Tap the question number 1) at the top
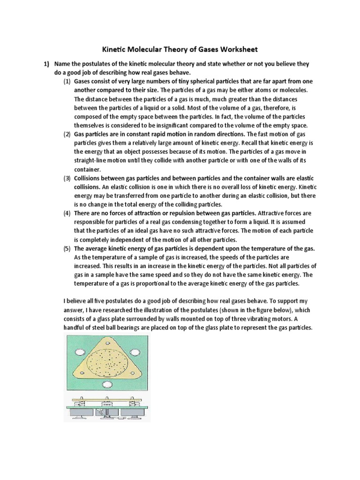pos(47,64)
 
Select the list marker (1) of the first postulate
pos(67,82)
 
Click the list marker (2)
pos(67,135)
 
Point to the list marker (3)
pos(67,178)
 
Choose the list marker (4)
pos(67,213)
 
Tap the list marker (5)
pos(67,248)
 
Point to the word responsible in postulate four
pos(91,222)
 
